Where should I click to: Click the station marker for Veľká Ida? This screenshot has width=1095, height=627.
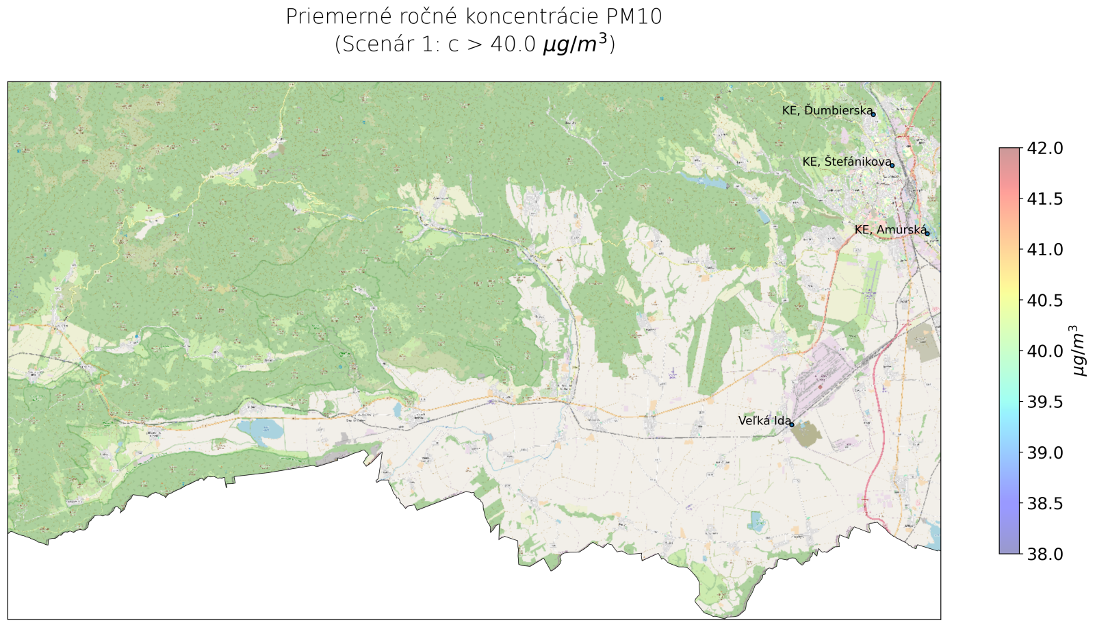tap(792, 424)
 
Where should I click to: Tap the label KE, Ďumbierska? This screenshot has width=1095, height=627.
tap(827, 110)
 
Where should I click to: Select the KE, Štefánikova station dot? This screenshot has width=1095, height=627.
tap(892, 165)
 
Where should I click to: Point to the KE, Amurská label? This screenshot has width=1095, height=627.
tap(889, 230)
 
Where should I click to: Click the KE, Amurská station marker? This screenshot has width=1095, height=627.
tap(927, 233)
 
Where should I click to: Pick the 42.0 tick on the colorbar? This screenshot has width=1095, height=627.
tap(1045, 148)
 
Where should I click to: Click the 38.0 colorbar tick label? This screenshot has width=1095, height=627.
tap(1045, 554)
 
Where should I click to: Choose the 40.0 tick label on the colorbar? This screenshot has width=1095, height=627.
tap(1045, 351)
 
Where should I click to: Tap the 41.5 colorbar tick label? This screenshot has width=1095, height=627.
tap(1045, 199)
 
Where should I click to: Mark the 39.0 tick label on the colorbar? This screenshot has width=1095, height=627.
tap(1045, 452)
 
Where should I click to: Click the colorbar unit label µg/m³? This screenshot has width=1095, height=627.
tap(1079, 350)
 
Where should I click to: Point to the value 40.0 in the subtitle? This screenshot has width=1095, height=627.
tap(513, 44)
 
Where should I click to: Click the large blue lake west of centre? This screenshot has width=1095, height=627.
tap(260, 429)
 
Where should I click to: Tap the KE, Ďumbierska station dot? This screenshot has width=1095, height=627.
tap(873, 114)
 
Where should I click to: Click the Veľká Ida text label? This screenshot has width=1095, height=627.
tap(764, 421)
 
